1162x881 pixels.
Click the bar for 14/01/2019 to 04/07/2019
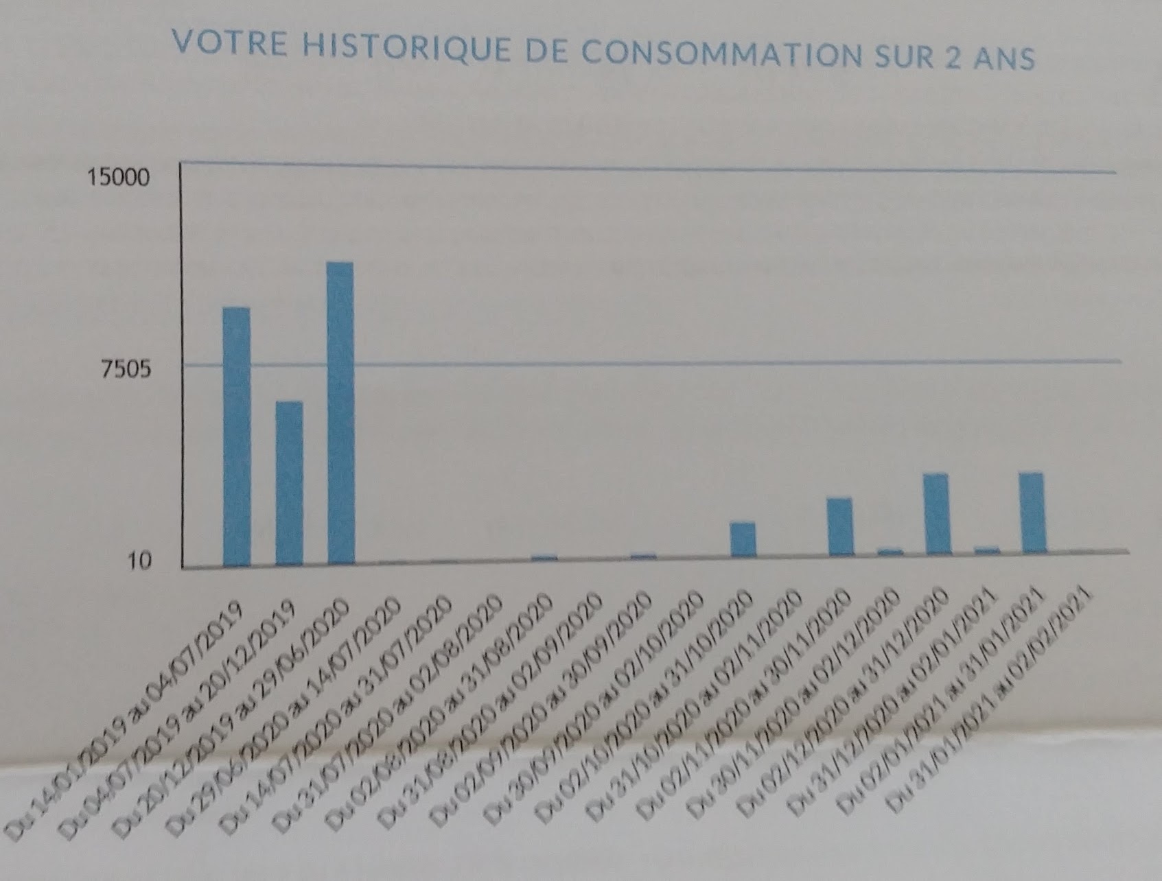237,436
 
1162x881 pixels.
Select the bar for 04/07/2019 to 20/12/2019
289,483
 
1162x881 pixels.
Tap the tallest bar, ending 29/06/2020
340,413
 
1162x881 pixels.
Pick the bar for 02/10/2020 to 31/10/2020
743,539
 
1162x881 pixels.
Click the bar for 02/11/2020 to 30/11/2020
840,526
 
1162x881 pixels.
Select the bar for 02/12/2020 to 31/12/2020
936,514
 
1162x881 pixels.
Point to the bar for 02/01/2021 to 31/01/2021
1032,513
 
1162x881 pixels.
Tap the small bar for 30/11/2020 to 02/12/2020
890,551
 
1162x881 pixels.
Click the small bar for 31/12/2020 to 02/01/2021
987,550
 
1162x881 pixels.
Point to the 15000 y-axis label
117,178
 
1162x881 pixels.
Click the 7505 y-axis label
126,370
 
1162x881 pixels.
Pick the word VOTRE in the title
229,43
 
